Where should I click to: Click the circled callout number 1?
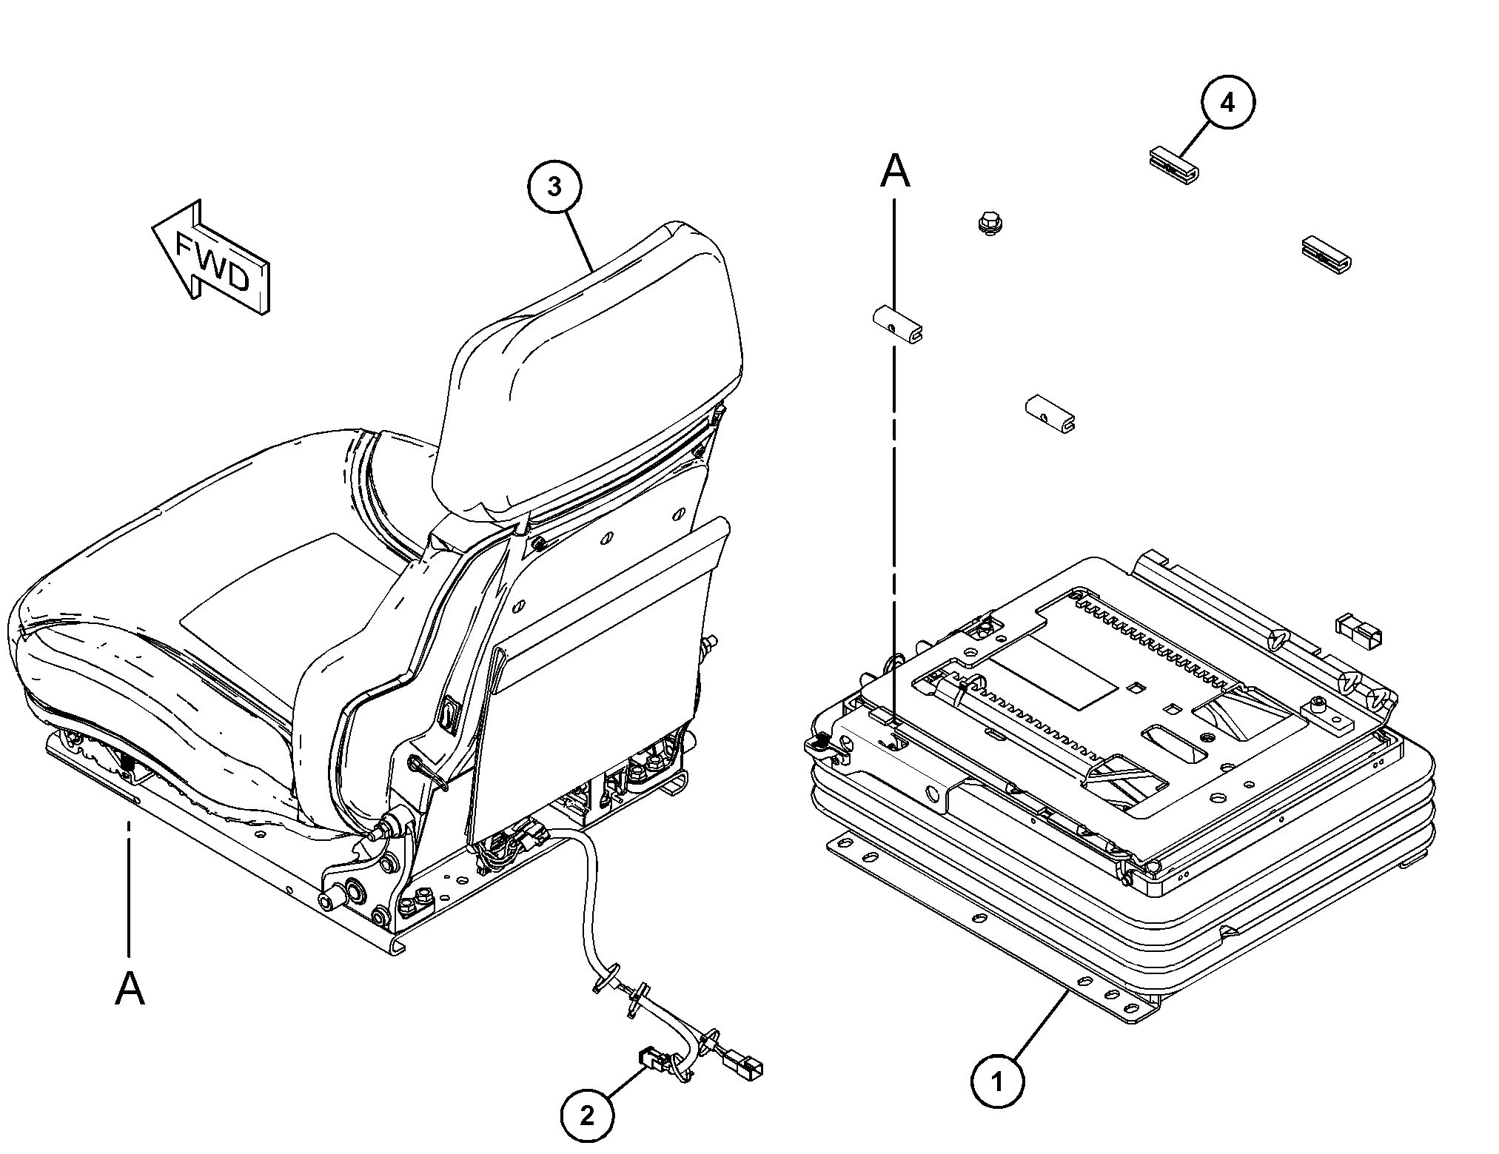tap(997, 1082)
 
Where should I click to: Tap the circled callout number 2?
tap(587, 1115)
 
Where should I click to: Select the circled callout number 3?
tap(554, 187)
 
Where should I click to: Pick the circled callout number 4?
tap(1227, 102)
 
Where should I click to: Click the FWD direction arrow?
tap(212, 259)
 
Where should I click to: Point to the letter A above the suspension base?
tap(894, 172)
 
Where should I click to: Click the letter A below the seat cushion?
tap(130, 988)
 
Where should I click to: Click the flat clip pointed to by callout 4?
tap(1174, 164)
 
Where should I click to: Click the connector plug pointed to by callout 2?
tap(651, 1060)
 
